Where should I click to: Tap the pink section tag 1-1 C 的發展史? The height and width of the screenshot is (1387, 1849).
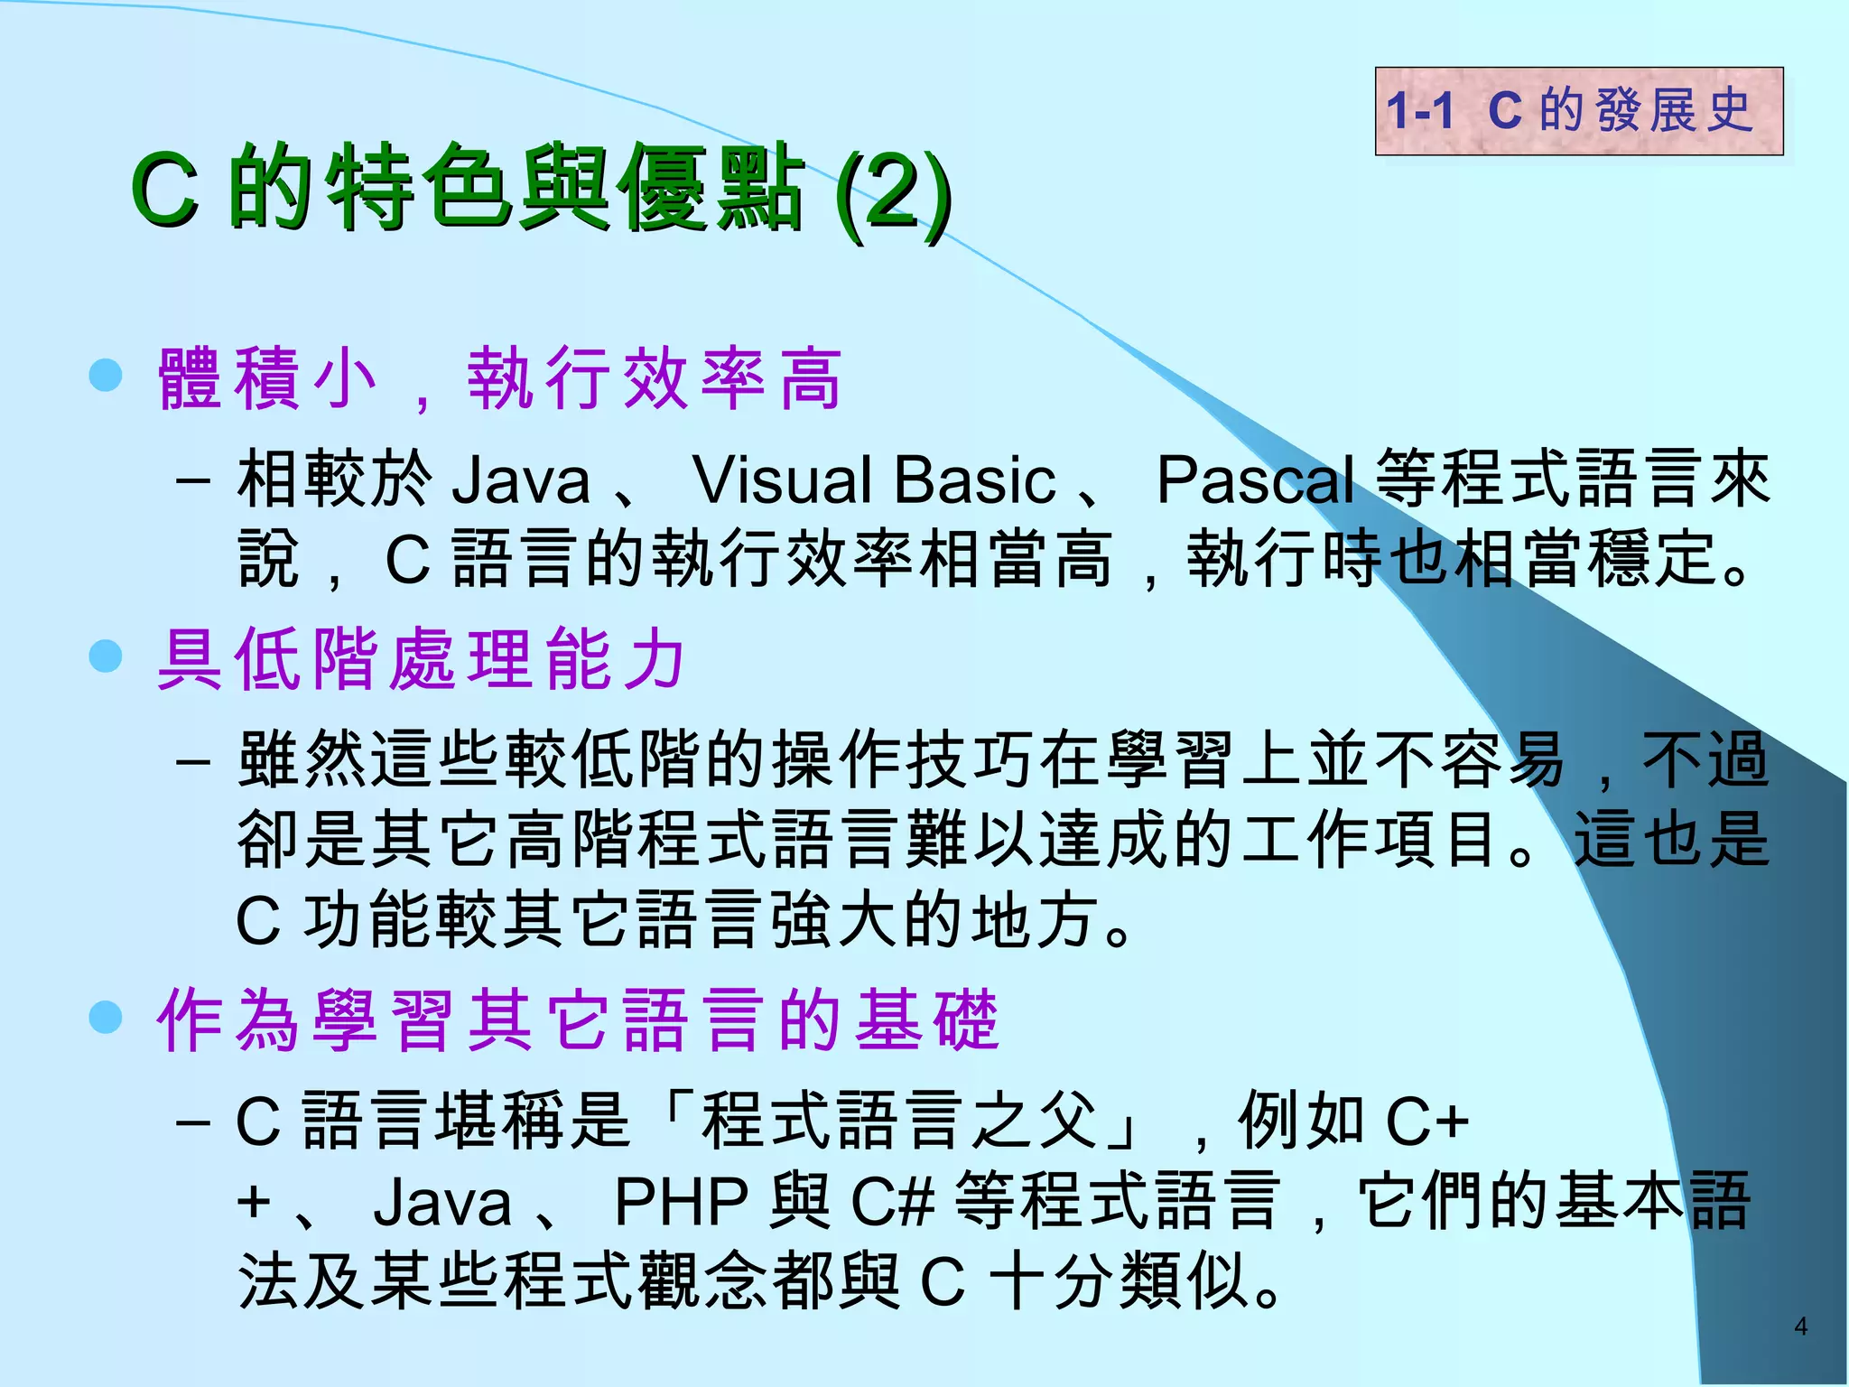(x=1578, y=111)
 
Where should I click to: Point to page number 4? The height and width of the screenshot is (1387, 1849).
(x=1800, y=1326)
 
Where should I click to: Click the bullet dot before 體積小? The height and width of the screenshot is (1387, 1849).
(x=106, y=375)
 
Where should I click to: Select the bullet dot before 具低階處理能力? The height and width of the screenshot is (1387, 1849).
(x=106, y=656)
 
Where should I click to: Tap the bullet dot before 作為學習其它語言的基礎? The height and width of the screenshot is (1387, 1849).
(x=106, y=1018)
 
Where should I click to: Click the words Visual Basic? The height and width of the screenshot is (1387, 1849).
(x=873, y=479)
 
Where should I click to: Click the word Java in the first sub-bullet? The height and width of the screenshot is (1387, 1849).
(x=520, y=479)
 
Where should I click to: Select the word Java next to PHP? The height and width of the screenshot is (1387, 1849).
(x=442, y=1203)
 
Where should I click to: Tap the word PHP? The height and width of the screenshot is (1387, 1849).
(x=682, y=1203)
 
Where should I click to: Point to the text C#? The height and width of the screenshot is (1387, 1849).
(x=892, y=1203)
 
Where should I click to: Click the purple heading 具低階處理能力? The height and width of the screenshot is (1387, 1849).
(x=421, y=659)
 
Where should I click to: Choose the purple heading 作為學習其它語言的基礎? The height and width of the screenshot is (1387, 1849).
(x=578, y=1020)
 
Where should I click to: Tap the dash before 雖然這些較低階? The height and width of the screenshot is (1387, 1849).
(x=193, y=761)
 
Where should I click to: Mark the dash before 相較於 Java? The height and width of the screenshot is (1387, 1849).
(x=193, y=479)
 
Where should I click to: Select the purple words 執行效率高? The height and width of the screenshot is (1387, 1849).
(x=655, y=379)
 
